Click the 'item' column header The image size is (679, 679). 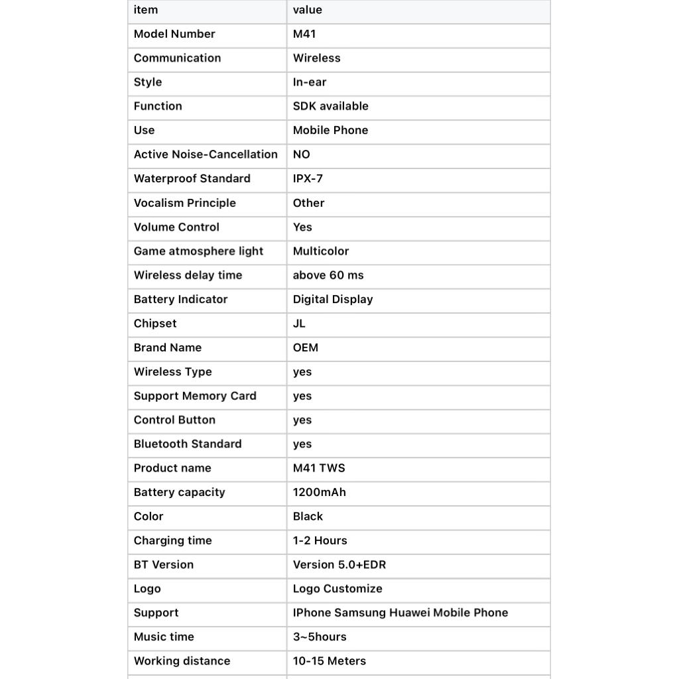[x=146, y=10]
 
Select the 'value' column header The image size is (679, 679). [x=307, y=10]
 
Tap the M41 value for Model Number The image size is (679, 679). [x=304, y=34]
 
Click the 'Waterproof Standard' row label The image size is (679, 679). [x=192, y=178]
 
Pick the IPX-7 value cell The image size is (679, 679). [x=308, y=178]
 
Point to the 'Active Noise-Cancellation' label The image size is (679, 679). [x=206, y=154]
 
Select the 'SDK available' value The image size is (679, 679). [x=330, y=106]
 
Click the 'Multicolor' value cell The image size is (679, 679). [x=320, y=251]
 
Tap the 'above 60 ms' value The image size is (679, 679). [x=328, y=275]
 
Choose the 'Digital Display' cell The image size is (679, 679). [x=333, y=299]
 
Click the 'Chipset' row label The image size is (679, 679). [x=155, y=324]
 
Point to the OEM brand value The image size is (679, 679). [x=305, y=347]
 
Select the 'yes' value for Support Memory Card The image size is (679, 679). [x=302, y=396]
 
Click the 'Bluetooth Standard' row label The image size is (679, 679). [x=188, y=444]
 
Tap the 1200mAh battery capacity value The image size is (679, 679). [x=319, y=492]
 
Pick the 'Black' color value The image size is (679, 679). [x=308, y=517]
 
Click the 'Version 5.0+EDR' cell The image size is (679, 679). [x=339, y=565]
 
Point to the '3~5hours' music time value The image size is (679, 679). [x=320, y=637]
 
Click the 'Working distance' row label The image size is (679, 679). [x=182, y=661]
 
